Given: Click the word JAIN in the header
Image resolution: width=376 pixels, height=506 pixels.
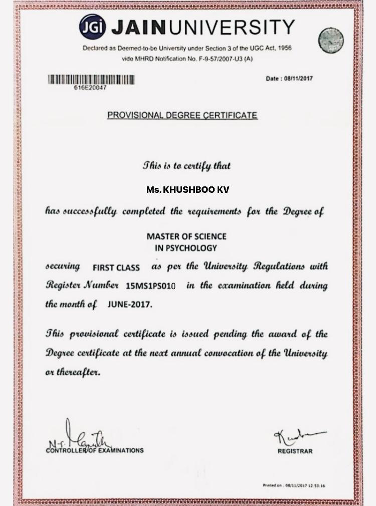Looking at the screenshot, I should click(x=138, y=27).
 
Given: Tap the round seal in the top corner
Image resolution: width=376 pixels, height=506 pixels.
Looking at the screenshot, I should click(x=331, y=41).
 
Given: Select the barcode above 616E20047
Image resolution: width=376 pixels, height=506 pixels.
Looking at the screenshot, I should click(x=91, y=79).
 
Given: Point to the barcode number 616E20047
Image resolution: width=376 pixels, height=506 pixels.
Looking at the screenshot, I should click(x=90, y=88).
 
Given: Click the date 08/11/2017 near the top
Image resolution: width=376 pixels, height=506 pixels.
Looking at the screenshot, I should click(x=298, y=79).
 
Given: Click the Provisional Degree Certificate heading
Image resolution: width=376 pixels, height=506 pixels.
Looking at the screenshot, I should click(x=182, y=115).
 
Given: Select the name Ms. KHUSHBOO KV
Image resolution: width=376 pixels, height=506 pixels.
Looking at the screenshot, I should click(x=188, y=190).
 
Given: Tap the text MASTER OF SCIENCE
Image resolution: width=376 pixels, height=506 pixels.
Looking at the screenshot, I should click(x=186, y=236).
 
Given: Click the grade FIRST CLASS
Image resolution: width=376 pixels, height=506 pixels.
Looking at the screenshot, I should click(x=116, y=268).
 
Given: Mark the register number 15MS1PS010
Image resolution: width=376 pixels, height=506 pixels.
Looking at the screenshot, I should click(x=151, y=286).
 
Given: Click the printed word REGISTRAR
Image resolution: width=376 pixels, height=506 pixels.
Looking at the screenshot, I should click(x=295, y=451).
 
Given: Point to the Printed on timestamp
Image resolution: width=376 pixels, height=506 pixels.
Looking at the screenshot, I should click(x=294, y=485).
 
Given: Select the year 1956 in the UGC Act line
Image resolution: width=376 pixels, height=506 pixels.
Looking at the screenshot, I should click(x=282, y=48).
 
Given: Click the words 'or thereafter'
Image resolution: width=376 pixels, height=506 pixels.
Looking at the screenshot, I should click(x=73, y=372).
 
